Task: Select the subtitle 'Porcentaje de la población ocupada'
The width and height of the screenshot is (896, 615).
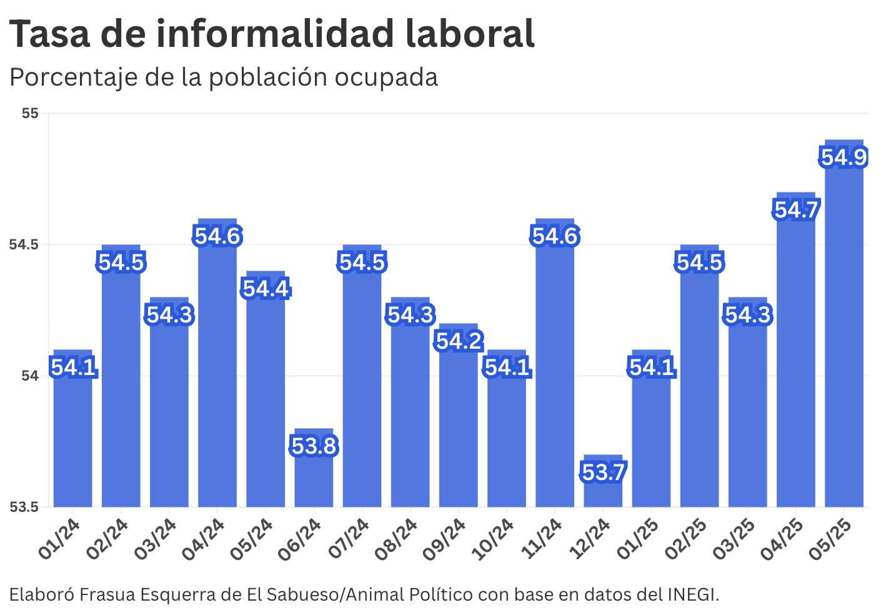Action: pyautogui.click(x=224, y=77)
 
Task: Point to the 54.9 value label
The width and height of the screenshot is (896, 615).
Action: pyautogui.click(x=844, y=157)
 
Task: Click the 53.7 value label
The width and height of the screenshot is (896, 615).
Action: pyautogui.click(x=603, y=472)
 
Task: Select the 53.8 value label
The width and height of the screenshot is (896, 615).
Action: pyautogui.click(x=314, y=446)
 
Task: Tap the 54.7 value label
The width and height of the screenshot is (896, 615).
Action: pyautogui.click(x=795, y=210)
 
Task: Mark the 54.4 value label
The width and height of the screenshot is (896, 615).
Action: pyautogui.click(x=266, y=289)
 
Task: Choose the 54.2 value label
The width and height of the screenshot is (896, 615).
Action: pyautogui.click(x=459, y=341)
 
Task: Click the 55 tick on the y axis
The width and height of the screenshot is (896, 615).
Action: pyautogui.click(x=30, y=113)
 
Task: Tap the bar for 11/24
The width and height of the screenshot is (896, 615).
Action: pyautogui.click(x=555, y=375)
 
